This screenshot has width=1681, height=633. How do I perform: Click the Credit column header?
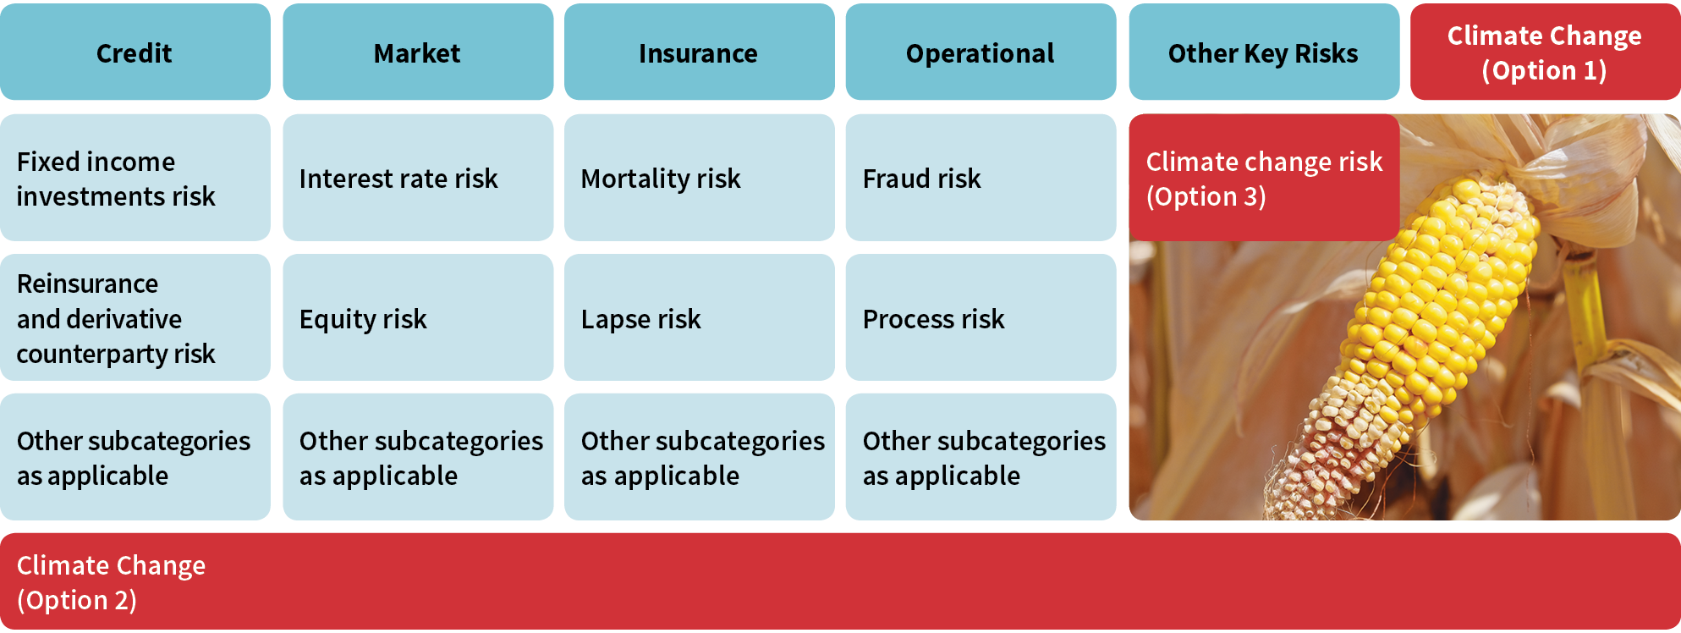tap(135, 52)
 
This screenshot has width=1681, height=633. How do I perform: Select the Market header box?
tap(418, 52)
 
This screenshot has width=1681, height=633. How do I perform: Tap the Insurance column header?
tap(700, 52)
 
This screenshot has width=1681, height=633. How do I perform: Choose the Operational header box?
tap(981, 52)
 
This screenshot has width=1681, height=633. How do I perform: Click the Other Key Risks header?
tap(1264, 52)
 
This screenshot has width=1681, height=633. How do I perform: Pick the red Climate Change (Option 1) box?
tap(1546, 52)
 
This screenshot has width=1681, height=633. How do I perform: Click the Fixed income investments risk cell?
tap(135, 178)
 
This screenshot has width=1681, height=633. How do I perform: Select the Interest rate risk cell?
tap(418, 178)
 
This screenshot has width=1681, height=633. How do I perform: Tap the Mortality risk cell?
tap(700, 178)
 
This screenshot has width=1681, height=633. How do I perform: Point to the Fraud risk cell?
tap(981, 178)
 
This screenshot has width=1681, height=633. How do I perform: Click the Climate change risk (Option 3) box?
tap(1264, 178)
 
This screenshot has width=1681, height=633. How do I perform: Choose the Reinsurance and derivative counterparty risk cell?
tap(135, 317)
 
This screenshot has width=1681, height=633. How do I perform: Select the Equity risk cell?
tap(418, 317)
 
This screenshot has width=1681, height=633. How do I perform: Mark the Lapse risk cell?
tap(700, 317)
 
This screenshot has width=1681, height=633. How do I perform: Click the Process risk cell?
tap(981, 317)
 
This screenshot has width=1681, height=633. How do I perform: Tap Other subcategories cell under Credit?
tap(135, 457)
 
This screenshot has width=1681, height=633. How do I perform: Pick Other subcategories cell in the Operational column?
tap(981, 457)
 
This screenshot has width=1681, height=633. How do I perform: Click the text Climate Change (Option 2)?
tap(111, 582)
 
